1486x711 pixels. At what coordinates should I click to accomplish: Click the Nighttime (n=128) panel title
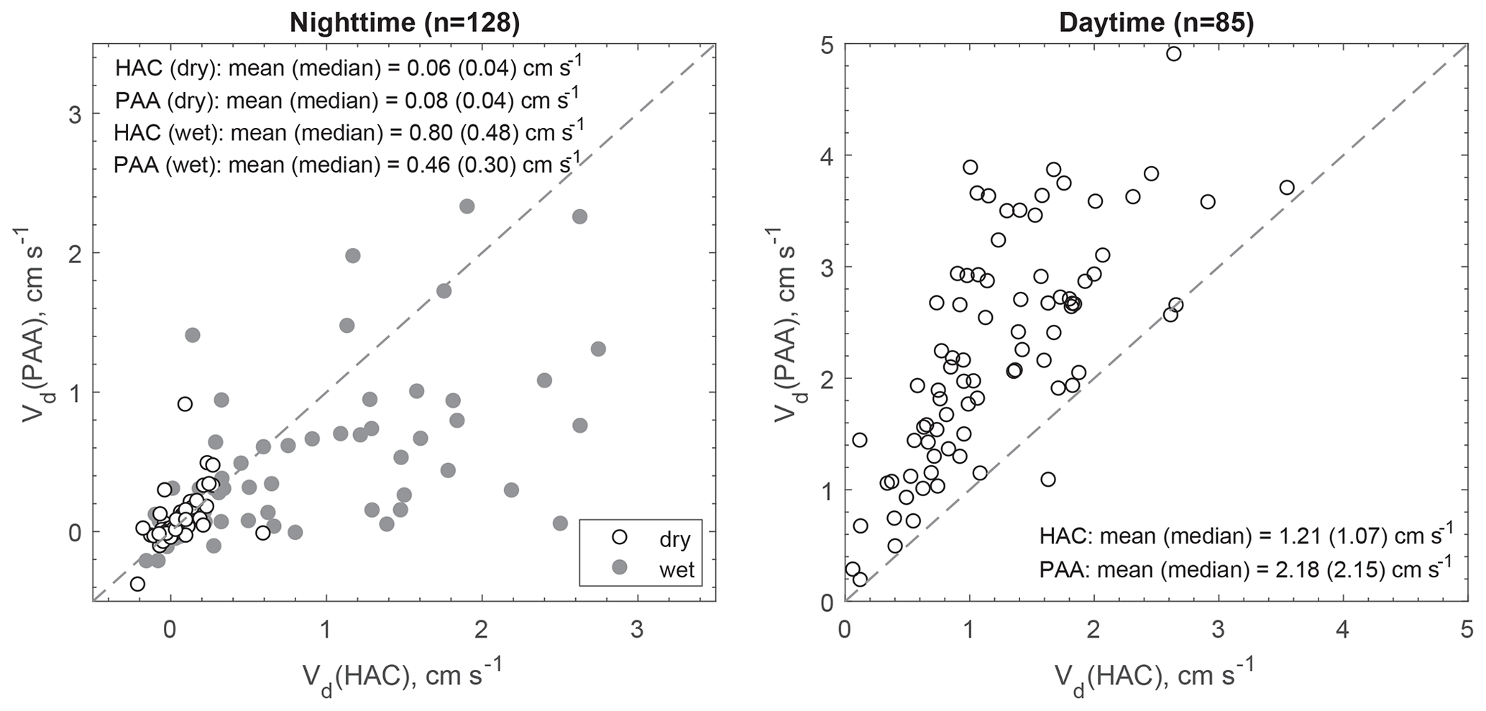point(404,23)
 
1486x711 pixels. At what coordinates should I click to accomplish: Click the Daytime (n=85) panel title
point(1156,23)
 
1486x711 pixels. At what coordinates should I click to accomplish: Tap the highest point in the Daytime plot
point(1173,53)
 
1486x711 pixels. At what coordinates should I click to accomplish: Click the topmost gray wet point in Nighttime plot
point(467,206)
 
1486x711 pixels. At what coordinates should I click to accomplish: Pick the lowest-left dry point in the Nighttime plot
point(137,584)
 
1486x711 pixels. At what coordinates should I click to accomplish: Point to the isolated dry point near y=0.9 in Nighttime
point(185,404)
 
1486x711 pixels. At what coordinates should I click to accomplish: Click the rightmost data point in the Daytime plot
point(1287,188)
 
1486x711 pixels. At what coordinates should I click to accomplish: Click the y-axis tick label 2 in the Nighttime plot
point(73,253)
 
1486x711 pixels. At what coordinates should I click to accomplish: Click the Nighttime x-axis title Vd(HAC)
point(403,677)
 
